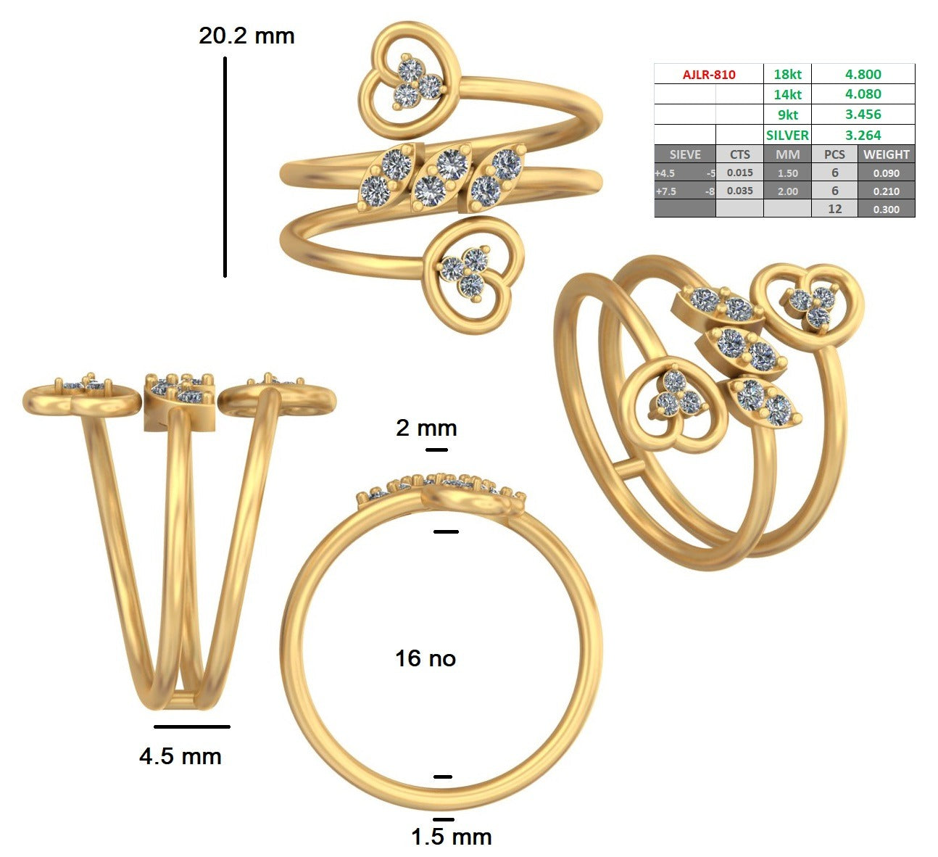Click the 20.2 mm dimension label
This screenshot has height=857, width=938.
246,36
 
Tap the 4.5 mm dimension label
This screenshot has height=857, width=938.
180,756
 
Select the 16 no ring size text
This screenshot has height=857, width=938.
425,658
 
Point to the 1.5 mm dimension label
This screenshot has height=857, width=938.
451,837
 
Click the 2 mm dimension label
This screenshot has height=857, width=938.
426,428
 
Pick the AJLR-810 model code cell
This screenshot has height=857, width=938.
709,75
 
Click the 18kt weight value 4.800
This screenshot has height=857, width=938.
863,74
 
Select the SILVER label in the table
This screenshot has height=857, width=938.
787,135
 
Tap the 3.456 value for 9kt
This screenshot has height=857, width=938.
863,114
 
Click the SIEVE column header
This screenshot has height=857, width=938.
685,154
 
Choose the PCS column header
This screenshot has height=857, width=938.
834,154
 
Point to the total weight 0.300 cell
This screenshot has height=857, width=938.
886,210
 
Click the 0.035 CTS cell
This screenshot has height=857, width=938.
739,191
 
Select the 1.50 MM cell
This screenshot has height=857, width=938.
787,173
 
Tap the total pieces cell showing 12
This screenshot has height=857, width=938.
834,209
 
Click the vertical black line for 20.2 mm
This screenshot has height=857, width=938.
225,167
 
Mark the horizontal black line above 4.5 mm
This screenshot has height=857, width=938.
191,726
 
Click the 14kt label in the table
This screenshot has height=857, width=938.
787,94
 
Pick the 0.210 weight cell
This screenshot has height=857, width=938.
886,191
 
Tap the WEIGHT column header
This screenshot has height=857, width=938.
886,154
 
